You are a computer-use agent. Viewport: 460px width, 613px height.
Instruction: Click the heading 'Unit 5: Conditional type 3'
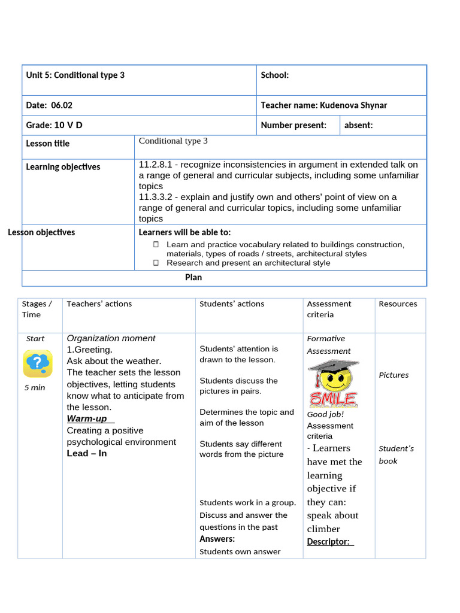pos(75,75)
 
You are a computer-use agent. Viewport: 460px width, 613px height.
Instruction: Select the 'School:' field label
pos(274,75)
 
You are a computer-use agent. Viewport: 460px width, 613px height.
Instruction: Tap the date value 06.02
pos(62,105)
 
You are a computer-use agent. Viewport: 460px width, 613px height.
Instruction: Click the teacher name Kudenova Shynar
pos(353,105)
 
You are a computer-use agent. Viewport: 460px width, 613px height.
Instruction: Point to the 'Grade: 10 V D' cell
pos(54,125)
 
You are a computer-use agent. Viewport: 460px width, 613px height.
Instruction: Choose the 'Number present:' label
pos(293,125)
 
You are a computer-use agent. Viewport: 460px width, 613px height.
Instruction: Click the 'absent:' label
pos(359,125)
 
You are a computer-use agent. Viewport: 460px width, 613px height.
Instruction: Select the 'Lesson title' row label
pos(47,144)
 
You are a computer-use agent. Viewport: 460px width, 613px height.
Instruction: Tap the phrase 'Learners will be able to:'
pos(184,232)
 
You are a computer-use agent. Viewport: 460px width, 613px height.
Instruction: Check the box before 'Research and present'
pos(156,263)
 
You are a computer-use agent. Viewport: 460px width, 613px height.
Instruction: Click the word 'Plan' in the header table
pos(193,278)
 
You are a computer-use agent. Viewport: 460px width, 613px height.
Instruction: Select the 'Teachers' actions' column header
pos(99,304)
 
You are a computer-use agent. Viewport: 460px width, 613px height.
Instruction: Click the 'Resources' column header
pos(398,304)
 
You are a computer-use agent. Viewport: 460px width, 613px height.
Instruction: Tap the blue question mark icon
pos(38,363)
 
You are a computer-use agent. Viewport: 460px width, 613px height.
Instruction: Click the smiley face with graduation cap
pos(333,383)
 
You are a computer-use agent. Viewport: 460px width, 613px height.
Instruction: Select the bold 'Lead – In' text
pos(87,454)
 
